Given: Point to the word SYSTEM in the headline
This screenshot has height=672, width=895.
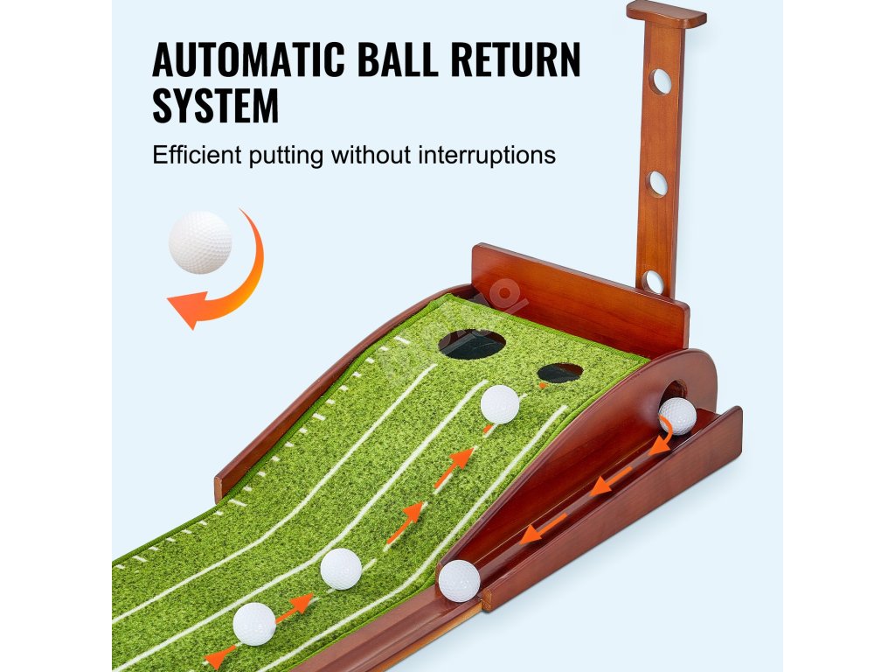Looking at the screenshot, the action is tap(216, 107).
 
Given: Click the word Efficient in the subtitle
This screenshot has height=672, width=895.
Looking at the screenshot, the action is tap(198, 156).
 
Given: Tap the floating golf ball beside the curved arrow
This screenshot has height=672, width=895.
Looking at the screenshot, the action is tap(200, 242).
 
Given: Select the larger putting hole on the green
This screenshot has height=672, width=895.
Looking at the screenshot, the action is tap(472, 343).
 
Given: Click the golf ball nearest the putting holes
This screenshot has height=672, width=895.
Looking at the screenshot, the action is tap(500, 404).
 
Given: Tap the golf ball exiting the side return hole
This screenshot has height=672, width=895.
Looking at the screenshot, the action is tap(677, 416).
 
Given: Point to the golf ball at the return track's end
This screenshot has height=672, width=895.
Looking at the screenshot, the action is tap(459, 580).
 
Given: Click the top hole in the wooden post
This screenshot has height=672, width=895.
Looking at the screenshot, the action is tap(661, 81).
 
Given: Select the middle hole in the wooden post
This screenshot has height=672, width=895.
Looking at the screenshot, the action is tap(657, 183).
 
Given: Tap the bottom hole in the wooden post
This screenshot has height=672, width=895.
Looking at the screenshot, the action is tap(654, 282).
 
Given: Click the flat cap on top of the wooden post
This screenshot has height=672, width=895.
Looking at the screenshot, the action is tap(666, 13).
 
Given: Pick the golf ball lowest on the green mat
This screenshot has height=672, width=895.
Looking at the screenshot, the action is tap(254, 624).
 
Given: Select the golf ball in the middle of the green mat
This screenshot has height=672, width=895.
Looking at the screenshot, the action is tap(341, 569).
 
